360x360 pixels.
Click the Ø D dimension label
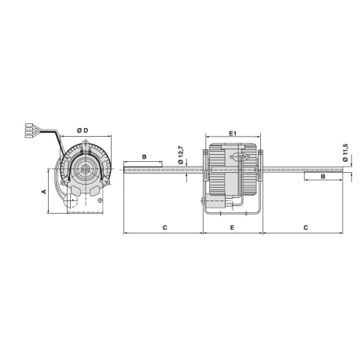tap(82, 129)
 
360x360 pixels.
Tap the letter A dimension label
tap(45, 191)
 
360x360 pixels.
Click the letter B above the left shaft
tap(144, 157)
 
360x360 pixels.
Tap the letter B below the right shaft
tap(323, 178)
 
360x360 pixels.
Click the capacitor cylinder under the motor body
tap(223, 202)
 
